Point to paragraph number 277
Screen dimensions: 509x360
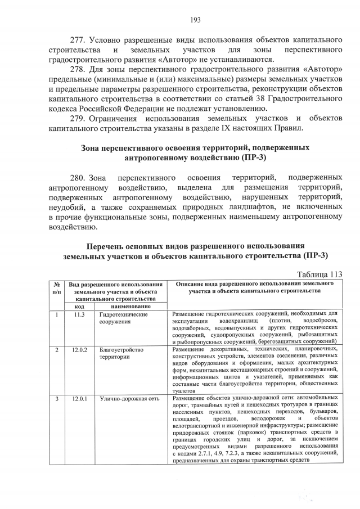point(78,42)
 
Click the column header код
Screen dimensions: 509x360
point(80,306)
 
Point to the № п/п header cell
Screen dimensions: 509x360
point(57,288)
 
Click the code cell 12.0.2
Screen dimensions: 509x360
point(80,350)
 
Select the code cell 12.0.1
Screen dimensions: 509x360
point(80,399)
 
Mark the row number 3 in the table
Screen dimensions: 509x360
point(57,399)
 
